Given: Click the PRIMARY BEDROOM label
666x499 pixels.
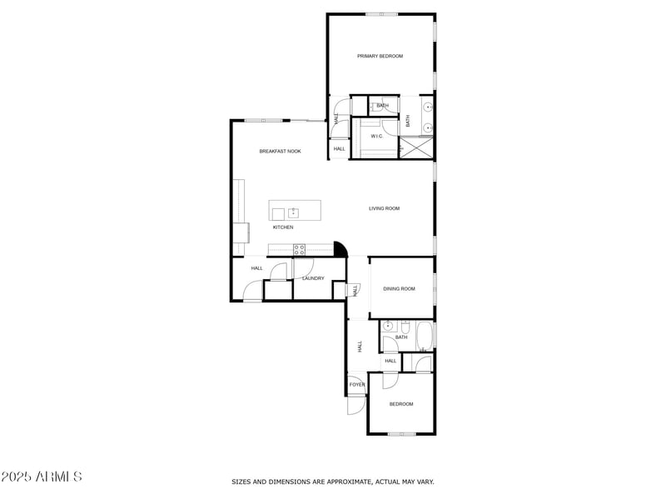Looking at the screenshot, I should coord(380,56).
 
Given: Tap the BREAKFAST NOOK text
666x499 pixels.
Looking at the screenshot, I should coord(280,151).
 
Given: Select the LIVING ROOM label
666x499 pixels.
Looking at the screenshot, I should coord(385,208).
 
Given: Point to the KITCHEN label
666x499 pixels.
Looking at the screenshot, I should coord(283,227).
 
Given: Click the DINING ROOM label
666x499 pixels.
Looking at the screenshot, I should coord(399,289).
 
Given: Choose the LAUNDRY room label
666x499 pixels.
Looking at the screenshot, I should coord(313,278).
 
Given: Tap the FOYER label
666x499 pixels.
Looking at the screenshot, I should coord(357,384).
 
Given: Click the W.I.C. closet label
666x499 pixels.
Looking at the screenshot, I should coord(376,136).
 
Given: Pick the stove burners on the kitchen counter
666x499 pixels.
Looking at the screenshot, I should coord(299,248).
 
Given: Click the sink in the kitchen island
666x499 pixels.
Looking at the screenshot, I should coord(293,212).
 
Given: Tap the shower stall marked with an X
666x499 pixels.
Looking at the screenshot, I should coord(416,147).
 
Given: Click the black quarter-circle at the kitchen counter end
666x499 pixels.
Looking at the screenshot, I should coord(339,248).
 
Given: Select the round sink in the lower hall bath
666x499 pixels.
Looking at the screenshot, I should coord(388,326).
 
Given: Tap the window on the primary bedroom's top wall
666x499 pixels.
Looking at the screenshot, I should coord(381,13).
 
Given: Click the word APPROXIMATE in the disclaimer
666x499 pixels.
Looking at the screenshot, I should coord(350,482).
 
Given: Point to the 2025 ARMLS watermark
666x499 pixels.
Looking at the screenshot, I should coord(42,477).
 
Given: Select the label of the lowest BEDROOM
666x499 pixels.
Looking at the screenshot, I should coord(401,404).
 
